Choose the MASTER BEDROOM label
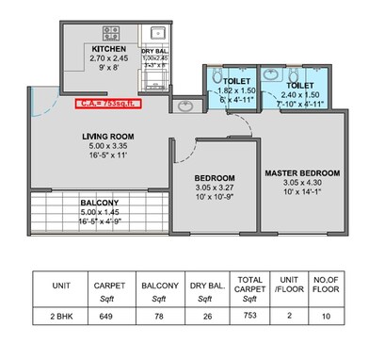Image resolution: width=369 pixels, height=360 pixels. (x=301, y=173)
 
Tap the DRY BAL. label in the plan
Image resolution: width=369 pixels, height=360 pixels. (x=155, y=49)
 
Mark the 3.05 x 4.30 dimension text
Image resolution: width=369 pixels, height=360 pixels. (x=301, y=185)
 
